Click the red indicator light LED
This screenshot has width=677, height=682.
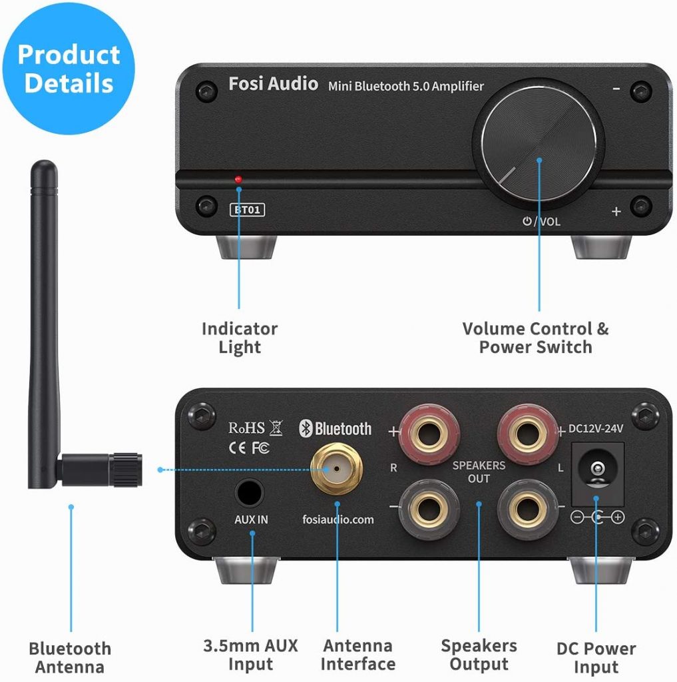[x=238, y=179]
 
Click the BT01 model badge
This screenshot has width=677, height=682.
[x=248, y=210]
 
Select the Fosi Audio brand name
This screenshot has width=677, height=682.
[x=273, y=85]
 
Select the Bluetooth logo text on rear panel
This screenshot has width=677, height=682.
[x=336, y=428]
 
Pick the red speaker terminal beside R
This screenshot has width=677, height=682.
[x=427, y=434]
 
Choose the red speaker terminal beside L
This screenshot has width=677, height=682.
[x=528, y=432]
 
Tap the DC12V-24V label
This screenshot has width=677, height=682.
[x=596, y=428]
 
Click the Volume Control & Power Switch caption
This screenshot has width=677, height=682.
[x=535, y=338]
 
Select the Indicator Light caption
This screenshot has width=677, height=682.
[x=240, y=338]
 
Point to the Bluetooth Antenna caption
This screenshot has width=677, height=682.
[x=70, y=658]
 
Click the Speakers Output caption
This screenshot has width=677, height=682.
[x=479, y=655]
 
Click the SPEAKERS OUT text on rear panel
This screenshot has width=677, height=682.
[x=479, y=472]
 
